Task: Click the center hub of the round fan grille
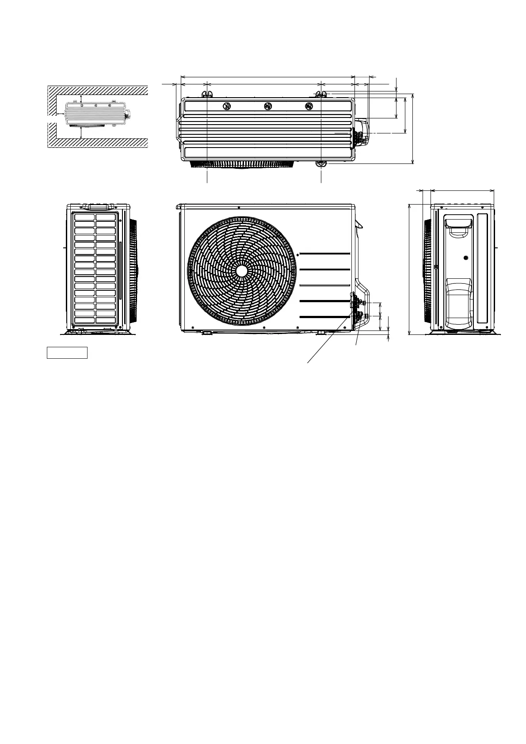[241, 271]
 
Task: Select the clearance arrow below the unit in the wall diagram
[81, 132]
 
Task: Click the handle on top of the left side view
[98, 207]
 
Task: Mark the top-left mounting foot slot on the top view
[207, 94]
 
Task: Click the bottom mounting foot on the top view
[321, 164]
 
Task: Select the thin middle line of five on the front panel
[325, 286]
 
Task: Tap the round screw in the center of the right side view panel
[465, 258]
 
